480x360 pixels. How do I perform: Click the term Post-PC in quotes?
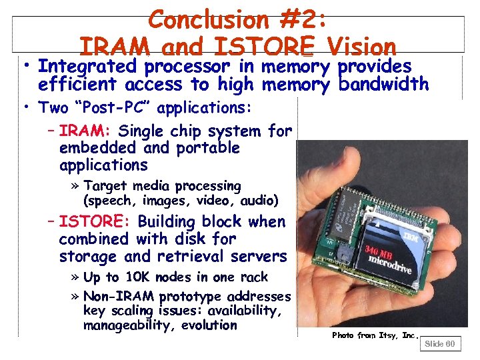97,107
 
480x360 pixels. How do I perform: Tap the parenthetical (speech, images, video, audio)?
181,200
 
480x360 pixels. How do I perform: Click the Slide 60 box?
440,344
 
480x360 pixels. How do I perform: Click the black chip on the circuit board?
346,200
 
